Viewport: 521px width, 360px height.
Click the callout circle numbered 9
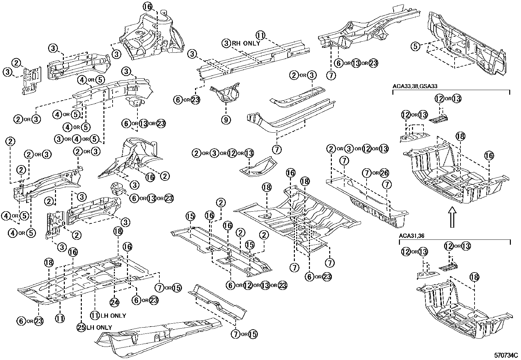click(x=225, y=120)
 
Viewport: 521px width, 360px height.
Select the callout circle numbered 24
click(x=114, y=302)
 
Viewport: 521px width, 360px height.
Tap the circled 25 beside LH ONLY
click(x=81, y=327)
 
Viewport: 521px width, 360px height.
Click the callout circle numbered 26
click(x=385, y=173)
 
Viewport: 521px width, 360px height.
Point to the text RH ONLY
click(x=246, y=43)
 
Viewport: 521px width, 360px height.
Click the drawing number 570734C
click(x=506, y=355)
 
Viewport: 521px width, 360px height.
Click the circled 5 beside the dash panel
click(x=415, y=46)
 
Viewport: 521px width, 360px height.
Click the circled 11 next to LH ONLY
click(x=95, y=315)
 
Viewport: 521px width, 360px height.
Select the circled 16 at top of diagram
click(x=148, y=6)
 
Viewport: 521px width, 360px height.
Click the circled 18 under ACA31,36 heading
click(x=474, y=277)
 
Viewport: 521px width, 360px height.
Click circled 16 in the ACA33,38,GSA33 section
click(x=489, y=156)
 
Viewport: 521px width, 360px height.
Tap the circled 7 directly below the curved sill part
click(x=277, y=150)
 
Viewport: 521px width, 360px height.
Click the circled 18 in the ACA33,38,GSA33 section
click(x=460, y=136)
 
